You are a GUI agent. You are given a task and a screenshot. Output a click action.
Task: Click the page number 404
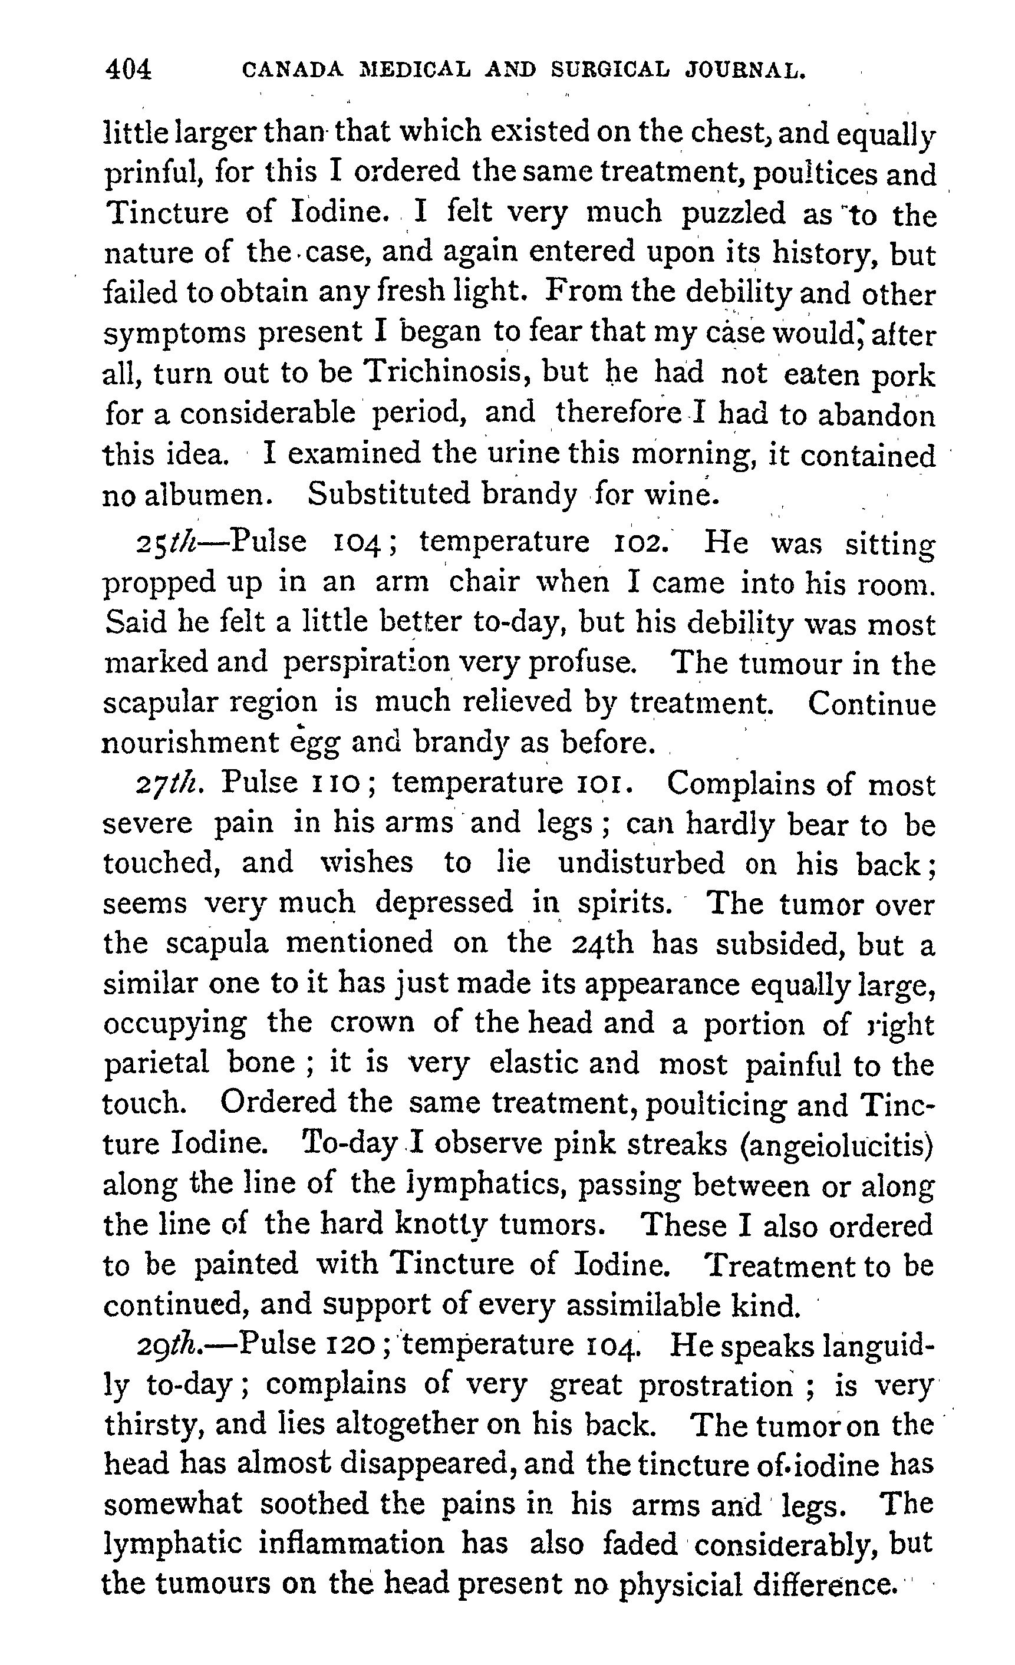(x=128, y=70)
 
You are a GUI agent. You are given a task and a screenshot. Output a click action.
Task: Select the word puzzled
(x=733, y=213)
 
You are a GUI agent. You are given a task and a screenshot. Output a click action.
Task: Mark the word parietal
(x=156, y=1064)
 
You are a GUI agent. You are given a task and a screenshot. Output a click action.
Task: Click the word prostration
(x=716, y=1385)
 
